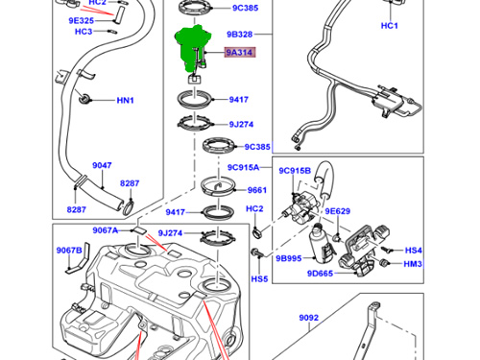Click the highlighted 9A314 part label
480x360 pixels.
pyautogui.click(x=240, y=52)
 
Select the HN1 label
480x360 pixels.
pyautogui.click(x=125, y=101)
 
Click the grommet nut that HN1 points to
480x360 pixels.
pyautogui.click(x=84, y=98)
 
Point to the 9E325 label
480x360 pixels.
pyautogui.click(x=82, y=21)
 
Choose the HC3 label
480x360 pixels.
pyautogui.click(x=84, y=32)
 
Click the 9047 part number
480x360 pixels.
pyautogui.click(x=102, y=165)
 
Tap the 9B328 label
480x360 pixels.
pyautogui.click(x=240, y=35)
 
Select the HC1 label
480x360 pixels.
pyautogui.click(x=390, y=26)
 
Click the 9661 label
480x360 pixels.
pyautogui.click(x=257, y=190)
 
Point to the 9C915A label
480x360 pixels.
pyautogui.click(x=243, y=167)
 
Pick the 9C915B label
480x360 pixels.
pyautogui.click(x=295, y=171)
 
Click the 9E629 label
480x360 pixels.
pyautogui.click(x=338, y=211)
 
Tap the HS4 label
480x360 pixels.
pyautogui.click(x=414, y=251)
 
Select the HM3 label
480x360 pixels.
pyautogui.click(x=413, y=264)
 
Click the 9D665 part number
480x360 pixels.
pyautogui.click(x=320, y=274)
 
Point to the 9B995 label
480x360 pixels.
pyautogui.click(x=289, y=258)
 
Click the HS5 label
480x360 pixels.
pyautogui.click(x=259, y=279)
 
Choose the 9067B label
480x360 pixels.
pyautogui.click(x=69, y=251)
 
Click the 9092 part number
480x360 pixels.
pyautogui.click(x=309, y=318)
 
